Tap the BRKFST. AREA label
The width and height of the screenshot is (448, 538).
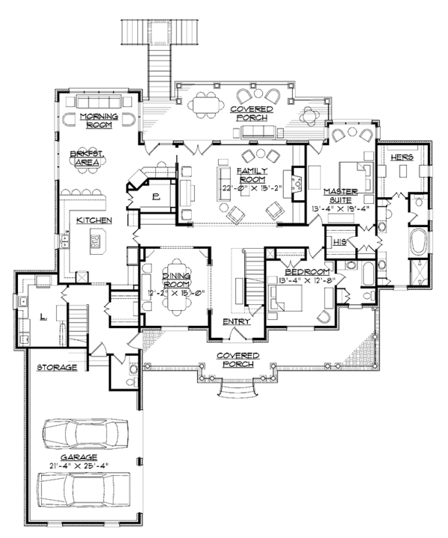pos(89,157)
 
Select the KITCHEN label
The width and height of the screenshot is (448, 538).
pos(94,220)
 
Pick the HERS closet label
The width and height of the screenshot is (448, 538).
pos(402,158)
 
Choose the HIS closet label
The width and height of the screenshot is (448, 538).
pos(341,242)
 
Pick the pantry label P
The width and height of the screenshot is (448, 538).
pos(156,197)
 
